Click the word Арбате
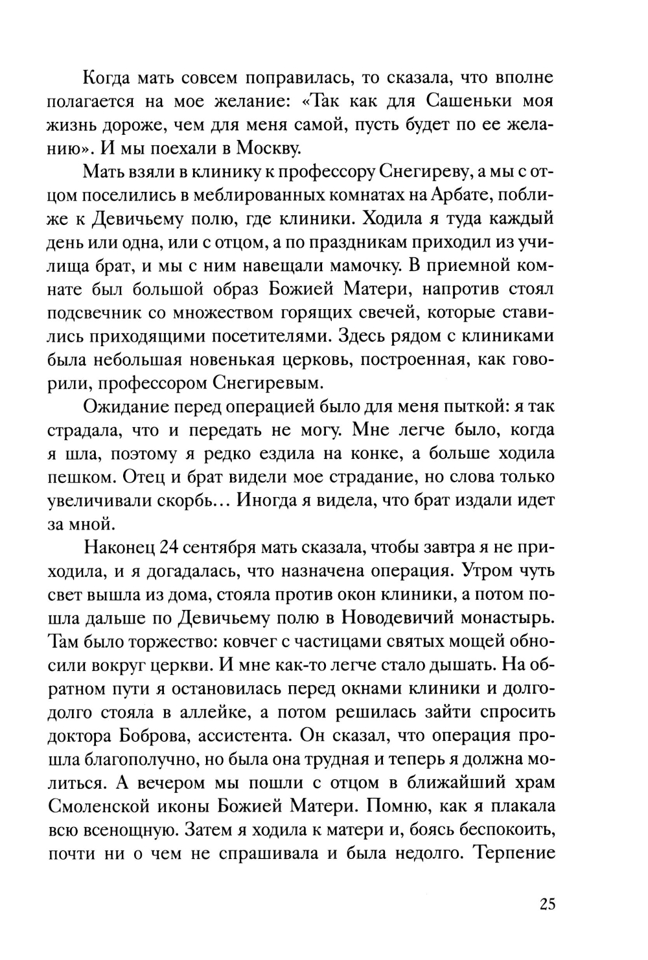click(478, 197)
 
